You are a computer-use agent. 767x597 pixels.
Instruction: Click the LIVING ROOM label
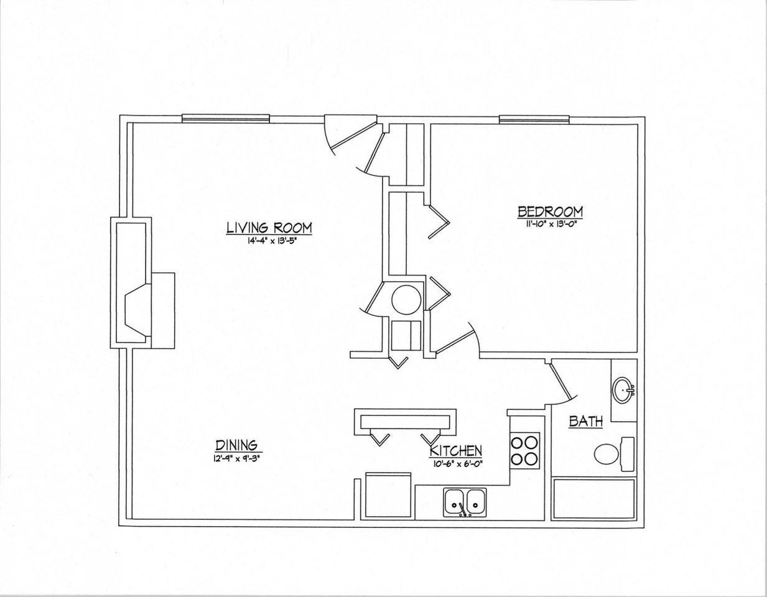pyautogui.click(x=269, y=228)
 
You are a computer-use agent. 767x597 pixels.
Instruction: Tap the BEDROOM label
pyautogui.click(x=550, y=212)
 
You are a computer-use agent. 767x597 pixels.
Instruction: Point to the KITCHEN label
pyautogui.click(x=456, y=451)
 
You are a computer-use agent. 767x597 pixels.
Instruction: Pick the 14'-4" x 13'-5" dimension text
pyautogui.click(x=270, y=241)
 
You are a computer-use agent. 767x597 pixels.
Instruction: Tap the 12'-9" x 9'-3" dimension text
pyautogui.click(x=239, y=458)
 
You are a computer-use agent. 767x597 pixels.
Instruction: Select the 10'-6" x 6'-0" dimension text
pyautogui.click(x=456, y=464)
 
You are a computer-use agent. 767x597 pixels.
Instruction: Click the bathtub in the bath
pyautogui.click(x=594, y=499)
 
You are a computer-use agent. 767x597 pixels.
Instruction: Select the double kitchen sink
pyautogui.click(x=465, y=503)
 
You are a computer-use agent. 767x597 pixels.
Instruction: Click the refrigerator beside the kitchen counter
pyautogui.click(x=388, y=496)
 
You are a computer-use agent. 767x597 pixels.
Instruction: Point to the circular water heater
pyautogui.click(x=406, y=300)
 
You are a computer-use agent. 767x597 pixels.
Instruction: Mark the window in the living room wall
pyautogui.click(x=226, y=119)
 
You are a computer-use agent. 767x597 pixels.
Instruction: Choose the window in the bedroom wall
pyautogui.click(x=534, y=119)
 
